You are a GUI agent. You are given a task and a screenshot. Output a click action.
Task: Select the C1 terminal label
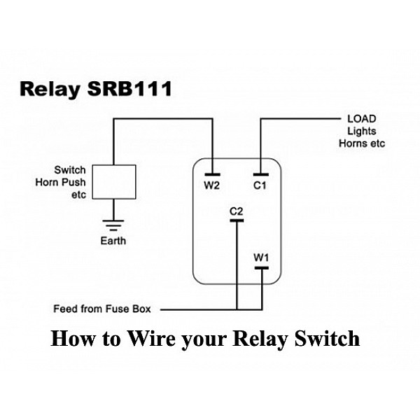[260, 185]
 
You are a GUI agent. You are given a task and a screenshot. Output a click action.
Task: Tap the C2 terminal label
[236, 211]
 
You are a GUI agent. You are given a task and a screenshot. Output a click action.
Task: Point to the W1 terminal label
[260, 257]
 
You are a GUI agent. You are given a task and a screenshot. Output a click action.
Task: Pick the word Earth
[113, 241]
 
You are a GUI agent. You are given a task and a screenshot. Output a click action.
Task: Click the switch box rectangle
[113, 181]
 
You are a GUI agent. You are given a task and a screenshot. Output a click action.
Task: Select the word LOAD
[362, 119]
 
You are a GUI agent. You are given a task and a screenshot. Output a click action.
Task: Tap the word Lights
[362, 131]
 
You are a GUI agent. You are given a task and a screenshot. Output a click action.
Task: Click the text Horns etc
[362, 143]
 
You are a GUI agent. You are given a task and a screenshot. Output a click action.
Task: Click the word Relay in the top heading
[48, 90]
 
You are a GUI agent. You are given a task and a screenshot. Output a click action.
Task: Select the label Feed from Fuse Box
[107, 309]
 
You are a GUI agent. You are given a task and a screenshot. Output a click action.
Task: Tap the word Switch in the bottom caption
[328, 339]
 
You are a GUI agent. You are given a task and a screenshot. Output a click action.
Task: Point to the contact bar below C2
[237, 220]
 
